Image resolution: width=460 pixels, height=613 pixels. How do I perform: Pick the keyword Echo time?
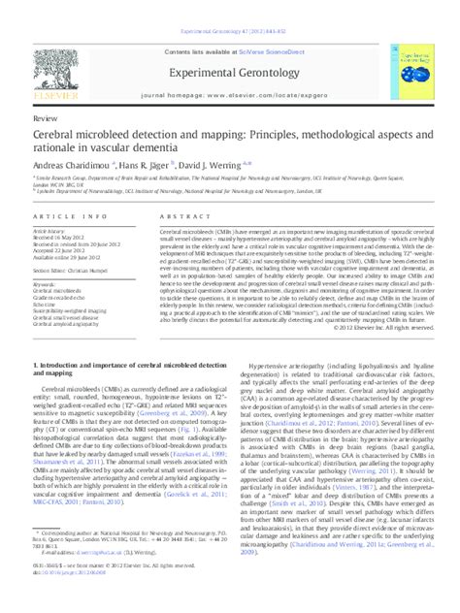(48, 303)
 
